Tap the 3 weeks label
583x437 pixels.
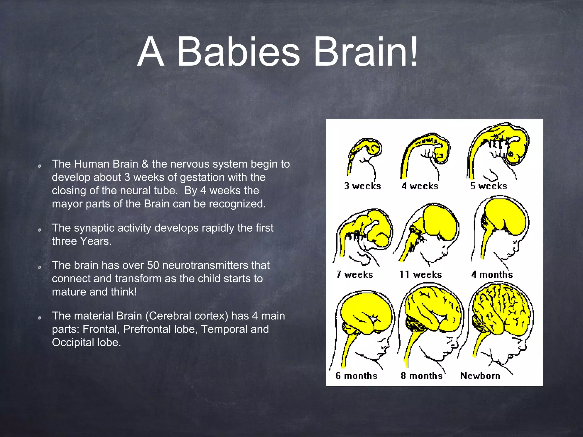click(362, 186)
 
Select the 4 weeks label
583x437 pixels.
click(420, 186)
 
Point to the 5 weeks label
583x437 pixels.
click(488, 186)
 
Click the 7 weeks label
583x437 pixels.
click(354, 275)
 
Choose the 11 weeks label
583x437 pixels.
click(420, 275)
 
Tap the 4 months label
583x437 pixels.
click(492, 275)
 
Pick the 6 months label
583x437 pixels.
click(356, 376)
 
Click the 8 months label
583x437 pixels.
click(422, 376)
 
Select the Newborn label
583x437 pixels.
click(480, 376)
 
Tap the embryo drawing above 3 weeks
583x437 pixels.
click(366, 154)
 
